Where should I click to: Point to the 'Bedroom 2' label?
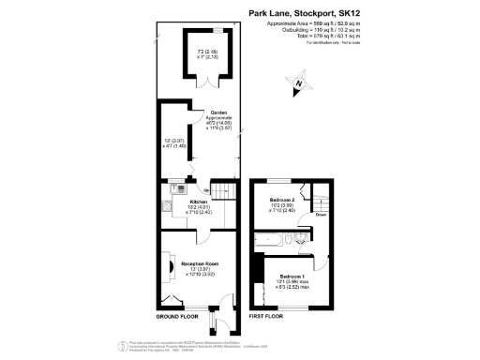coord(281,202)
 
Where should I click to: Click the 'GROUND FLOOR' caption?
coord(175,317)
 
